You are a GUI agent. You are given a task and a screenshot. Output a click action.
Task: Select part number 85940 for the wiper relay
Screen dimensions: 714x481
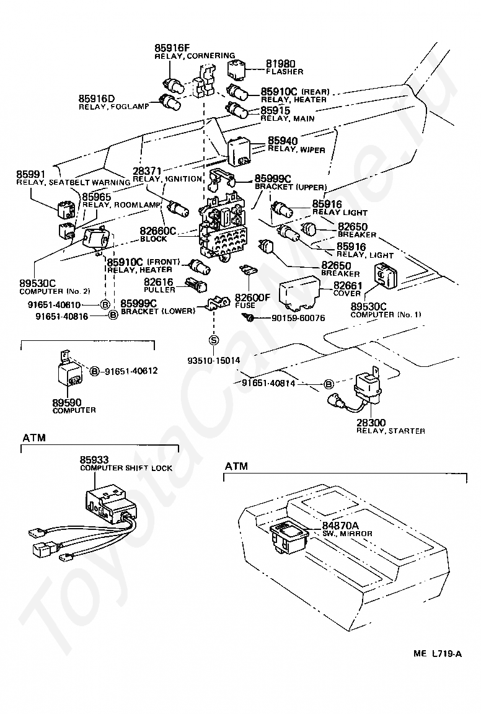coord(283,141)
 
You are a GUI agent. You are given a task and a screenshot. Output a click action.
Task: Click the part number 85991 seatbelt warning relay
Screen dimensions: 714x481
coord(32,175)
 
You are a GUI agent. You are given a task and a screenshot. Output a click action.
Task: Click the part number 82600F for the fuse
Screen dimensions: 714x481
coord(252,297)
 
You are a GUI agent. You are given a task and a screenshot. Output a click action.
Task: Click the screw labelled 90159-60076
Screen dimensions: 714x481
coord(249,318)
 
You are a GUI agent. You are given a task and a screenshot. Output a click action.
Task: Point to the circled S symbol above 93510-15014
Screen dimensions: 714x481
coord(214,340)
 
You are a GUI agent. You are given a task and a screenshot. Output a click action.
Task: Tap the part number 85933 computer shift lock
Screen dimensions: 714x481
coord(94,460)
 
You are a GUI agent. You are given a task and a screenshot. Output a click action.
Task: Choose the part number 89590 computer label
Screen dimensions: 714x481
coord(66,402)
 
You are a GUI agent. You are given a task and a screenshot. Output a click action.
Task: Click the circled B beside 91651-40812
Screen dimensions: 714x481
coord(95,371)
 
